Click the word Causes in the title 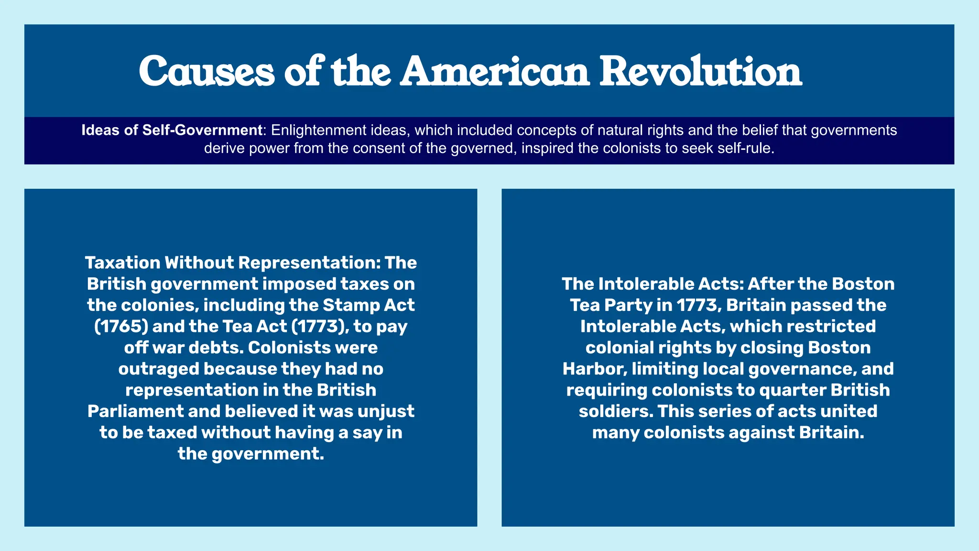[207, 72]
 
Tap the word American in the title [495, 72]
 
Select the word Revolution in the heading [701, 72]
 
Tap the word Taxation [122, 263]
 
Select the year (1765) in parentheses [121, 326]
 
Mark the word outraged [159, 369]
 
